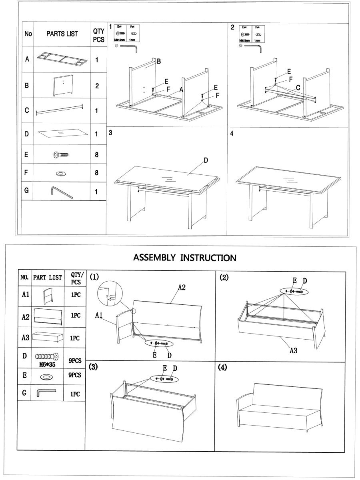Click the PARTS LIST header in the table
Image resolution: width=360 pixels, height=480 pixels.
(x=62, y=34)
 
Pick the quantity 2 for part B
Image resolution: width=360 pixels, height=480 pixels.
(x=96, y=86)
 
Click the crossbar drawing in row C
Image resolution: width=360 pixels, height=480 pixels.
(x=60, y=109)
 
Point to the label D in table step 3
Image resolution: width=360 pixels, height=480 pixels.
(x=206, y=160)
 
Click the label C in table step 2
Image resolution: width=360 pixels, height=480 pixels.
(x=298, y=87)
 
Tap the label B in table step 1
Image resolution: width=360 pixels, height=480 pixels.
(x=159, y=62)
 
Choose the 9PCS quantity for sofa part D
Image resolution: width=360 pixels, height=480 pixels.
(x=75, y=360)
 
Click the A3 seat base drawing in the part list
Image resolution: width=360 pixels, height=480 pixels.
(x=47, y=337)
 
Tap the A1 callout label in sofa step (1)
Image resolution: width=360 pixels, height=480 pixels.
(x=100, y=315)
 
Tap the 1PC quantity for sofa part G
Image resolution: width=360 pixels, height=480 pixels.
(x=75, y=394)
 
